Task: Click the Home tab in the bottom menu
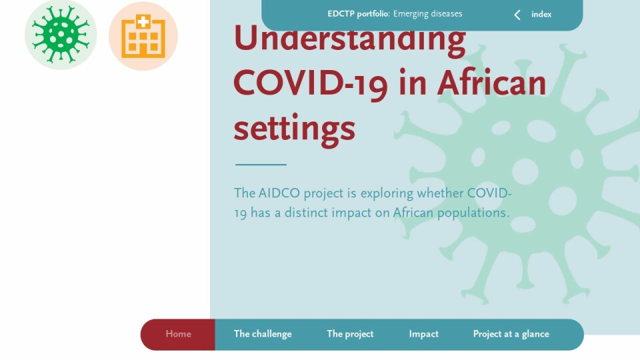(x=178, y=334)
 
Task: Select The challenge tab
(x=263, y=334)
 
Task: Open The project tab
(x=350, y=334)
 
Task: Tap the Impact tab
(x=423, y=334)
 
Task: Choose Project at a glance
(x=511, y=334)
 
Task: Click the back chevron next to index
(x=517, y=15)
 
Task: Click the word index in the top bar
(x=541, y=14)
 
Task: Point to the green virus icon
(x=61, y=35)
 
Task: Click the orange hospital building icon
(x=143, y=36)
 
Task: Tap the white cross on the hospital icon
(x=143, y=21)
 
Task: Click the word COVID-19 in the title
(x=310, y=84)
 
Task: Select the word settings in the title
(x=294, y=129)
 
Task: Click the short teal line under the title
(x=261, y=165)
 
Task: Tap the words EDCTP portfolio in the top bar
(x=358, y=14)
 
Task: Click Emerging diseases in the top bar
(x=428, y=14)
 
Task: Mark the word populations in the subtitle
(x=473, y=213)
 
